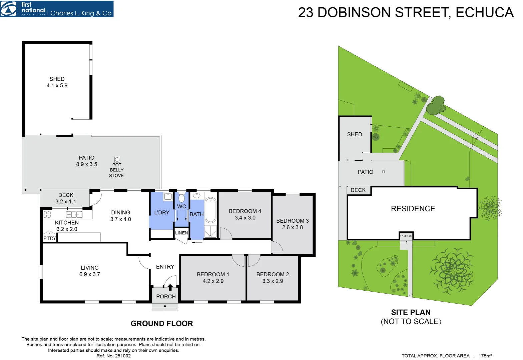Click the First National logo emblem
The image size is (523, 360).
click(x=9, y=9)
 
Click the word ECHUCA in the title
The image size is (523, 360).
click(x=484, y=13)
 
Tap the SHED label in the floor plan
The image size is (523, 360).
click(x=57, y=79)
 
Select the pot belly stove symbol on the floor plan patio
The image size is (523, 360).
click(x=117, y=160)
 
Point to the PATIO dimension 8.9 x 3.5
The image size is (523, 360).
click(x=87, y=164)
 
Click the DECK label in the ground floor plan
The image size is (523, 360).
click(x=66, y=195)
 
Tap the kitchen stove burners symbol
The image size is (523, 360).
click(x=47, y=214)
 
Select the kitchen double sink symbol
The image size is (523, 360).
click(x=74, y=214)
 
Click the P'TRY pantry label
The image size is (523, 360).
click(x=50, y=238)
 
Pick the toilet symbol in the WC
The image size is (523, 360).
click(x=181, y=198)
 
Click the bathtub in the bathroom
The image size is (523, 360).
click(x=210, y=210)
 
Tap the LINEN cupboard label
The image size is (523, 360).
click(x=181, y=233)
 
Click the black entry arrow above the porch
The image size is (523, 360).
click(x=170, y=287)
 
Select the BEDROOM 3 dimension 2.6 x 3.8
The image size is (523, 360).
click(x=293, y=227)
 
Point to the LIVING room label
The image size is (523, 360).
click(x=90, y=268)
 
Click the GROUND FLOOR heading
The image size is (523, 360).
click(x=162, y=323)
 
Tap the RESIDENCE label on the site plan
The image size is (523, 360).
click(x=413, y=209)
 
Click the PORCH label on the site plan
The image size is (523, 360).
click(x=406, y=236)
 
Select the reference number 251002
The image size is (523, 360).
click(x=123, y=356)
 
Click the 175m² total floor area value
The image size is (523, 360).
click(x=485, y=356)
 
